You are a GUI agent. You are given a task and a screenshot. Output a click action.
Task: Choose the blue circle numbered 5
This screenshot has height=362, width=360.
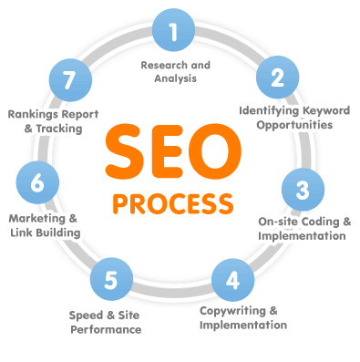(x=109, y=278)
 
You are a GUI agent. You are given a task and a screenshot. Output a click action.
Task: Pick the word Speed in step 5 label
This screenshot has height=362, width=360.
(x=87, y=315)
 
